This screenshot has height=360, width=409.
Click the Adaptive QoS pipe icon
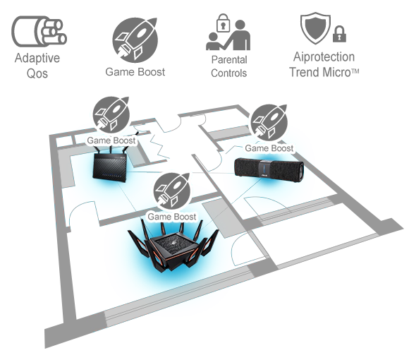pyautogui.click(x=39, y=32)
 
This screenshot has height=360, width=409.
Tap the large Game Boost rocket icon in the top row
pyautogui.click(x=135, y=40)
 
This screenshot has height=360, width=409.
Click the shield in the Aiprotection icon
pyautogui.click(x=315, y=28)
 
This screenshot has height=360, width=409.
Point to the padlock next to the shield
pyautogui.click(x=339, y=34)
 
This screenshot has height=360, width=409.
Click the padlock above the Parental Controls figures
pyautogui.click(x=224, y=23)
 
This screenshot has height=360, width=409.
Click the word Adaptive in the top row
pyautogui.click(x=37, y=58)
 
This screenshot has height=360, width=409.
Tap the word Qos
pyautogui.click(x=37, y=73)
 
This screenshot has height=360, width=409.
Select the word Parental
pyautogui.click(x=229, y=60)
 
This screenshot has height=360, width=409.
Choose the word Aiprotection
pyautogui.click(x=324, y=57)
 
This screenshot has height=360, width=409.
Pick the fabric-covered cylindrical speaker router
pyautogui.click(x=269, y=167)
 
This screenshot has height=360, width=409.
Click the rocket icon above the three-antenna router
pyautogui.click(x=111, y=115)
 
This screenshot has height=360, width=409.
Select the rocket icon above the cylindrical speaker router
pyautogui.click(x=269, y=123)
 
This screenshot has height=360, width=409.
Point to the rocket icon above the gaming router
pyautogui.click(x=171, y=191)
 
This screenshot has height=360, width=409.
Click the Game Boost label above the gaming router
pyautogui.click(x=171, y=217)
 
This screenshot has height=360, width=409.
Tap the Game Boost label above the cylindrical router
pyautogui.click(x=269, y=148)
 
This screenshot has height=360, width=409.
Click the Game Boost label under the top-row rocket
pyautogui.click(x=135, y=72)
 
